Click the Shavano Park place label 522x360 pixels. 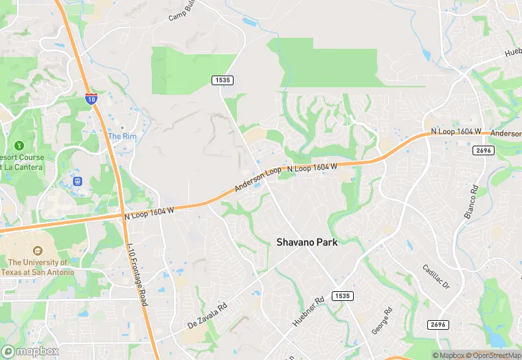click(307, 242)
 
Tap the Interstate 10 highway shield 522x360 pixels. click(91, 99)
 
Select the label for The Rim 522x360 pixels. click(122, 136)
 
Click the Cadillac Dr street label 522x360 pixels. click(435, 276)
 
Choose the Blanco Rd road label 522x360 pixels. click(470, 202)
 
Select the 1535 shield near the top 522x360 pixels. click(223, 80)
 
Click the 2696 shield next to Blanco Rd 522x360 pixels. click(484, 150)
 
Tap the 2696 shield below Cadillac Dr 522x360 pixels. click(437, 324)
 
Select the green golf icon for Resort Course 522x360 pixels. click(19, 145)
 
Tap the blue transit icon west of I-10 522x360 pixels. click(78, 181)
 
